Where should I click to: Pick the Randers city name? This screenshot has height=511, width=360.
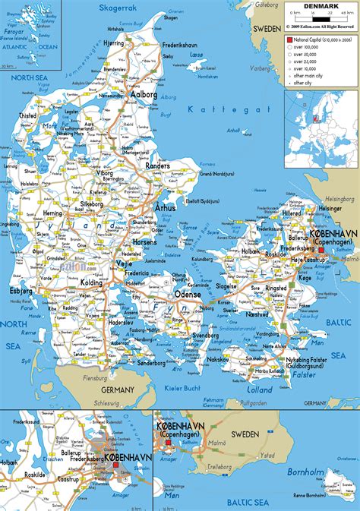tap(157, 165)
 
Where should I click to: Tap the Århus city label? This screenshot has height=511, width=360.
tap(165, 207)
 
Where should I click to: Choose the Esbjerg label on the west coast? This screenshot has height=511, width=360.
tap(21, 290)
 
